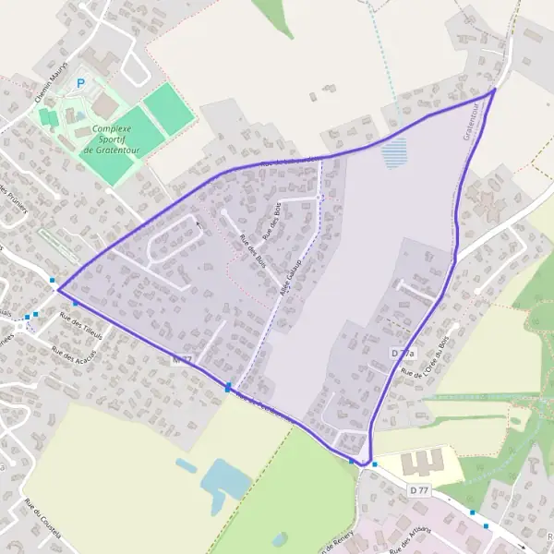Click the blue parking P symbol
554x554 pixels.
80,83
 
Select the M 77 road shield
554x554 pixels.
181,357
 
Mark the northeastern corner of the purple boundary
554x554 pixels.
494,90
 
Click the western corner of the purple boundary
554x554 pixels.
58,289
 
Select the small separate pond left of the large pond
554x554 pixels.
186,466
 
